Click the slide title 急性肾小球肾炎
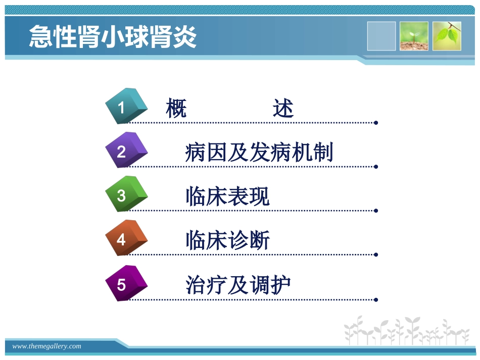pyautogui.click(x=112, y=36)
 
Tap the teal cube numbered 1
pyautogui.click(x=125, y=106)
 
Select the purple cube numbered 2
pyautogui.click(x=125, y=150)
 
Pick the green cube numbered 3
pyautogui.click(x=125, y=194)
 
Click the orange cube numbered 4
pyautogui.click(x=125, y=238)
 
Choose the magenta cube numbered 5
pyautogui.click(x=125, y=283)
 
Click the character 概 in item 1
pyautogui.click(x=176, y=108)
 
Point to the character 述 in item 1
pyautogui.click(x=283, y=108)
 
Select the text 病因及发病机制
pyautogui.click(x=259, y=152)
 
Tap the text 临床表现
pyautogui.click(x=227, y=196)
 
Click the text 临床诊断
pyautogui.click(x=227, y=240)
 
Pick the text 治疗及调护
pyautogui.click(x=238, y=285)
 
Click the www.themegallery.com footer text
pyautogui.click(x=46, y=346)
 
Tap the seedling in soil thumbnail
pyautogui.click(x=414, y=36)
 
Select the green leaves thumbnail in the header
pyautogui.click(x=447, y=36)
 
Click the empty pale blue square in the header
pyautogui.click(x=381, y=36)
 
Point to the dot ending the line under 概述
pyautogui.click(x=376, y=122)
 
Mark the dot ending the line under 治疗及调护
pyautogui.click(x=376, y=299)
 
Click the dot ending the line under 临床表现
pyautogui.click(x=376, y=211)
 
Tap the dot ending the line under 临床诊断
pyautogui.click(x=376, y=255)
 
